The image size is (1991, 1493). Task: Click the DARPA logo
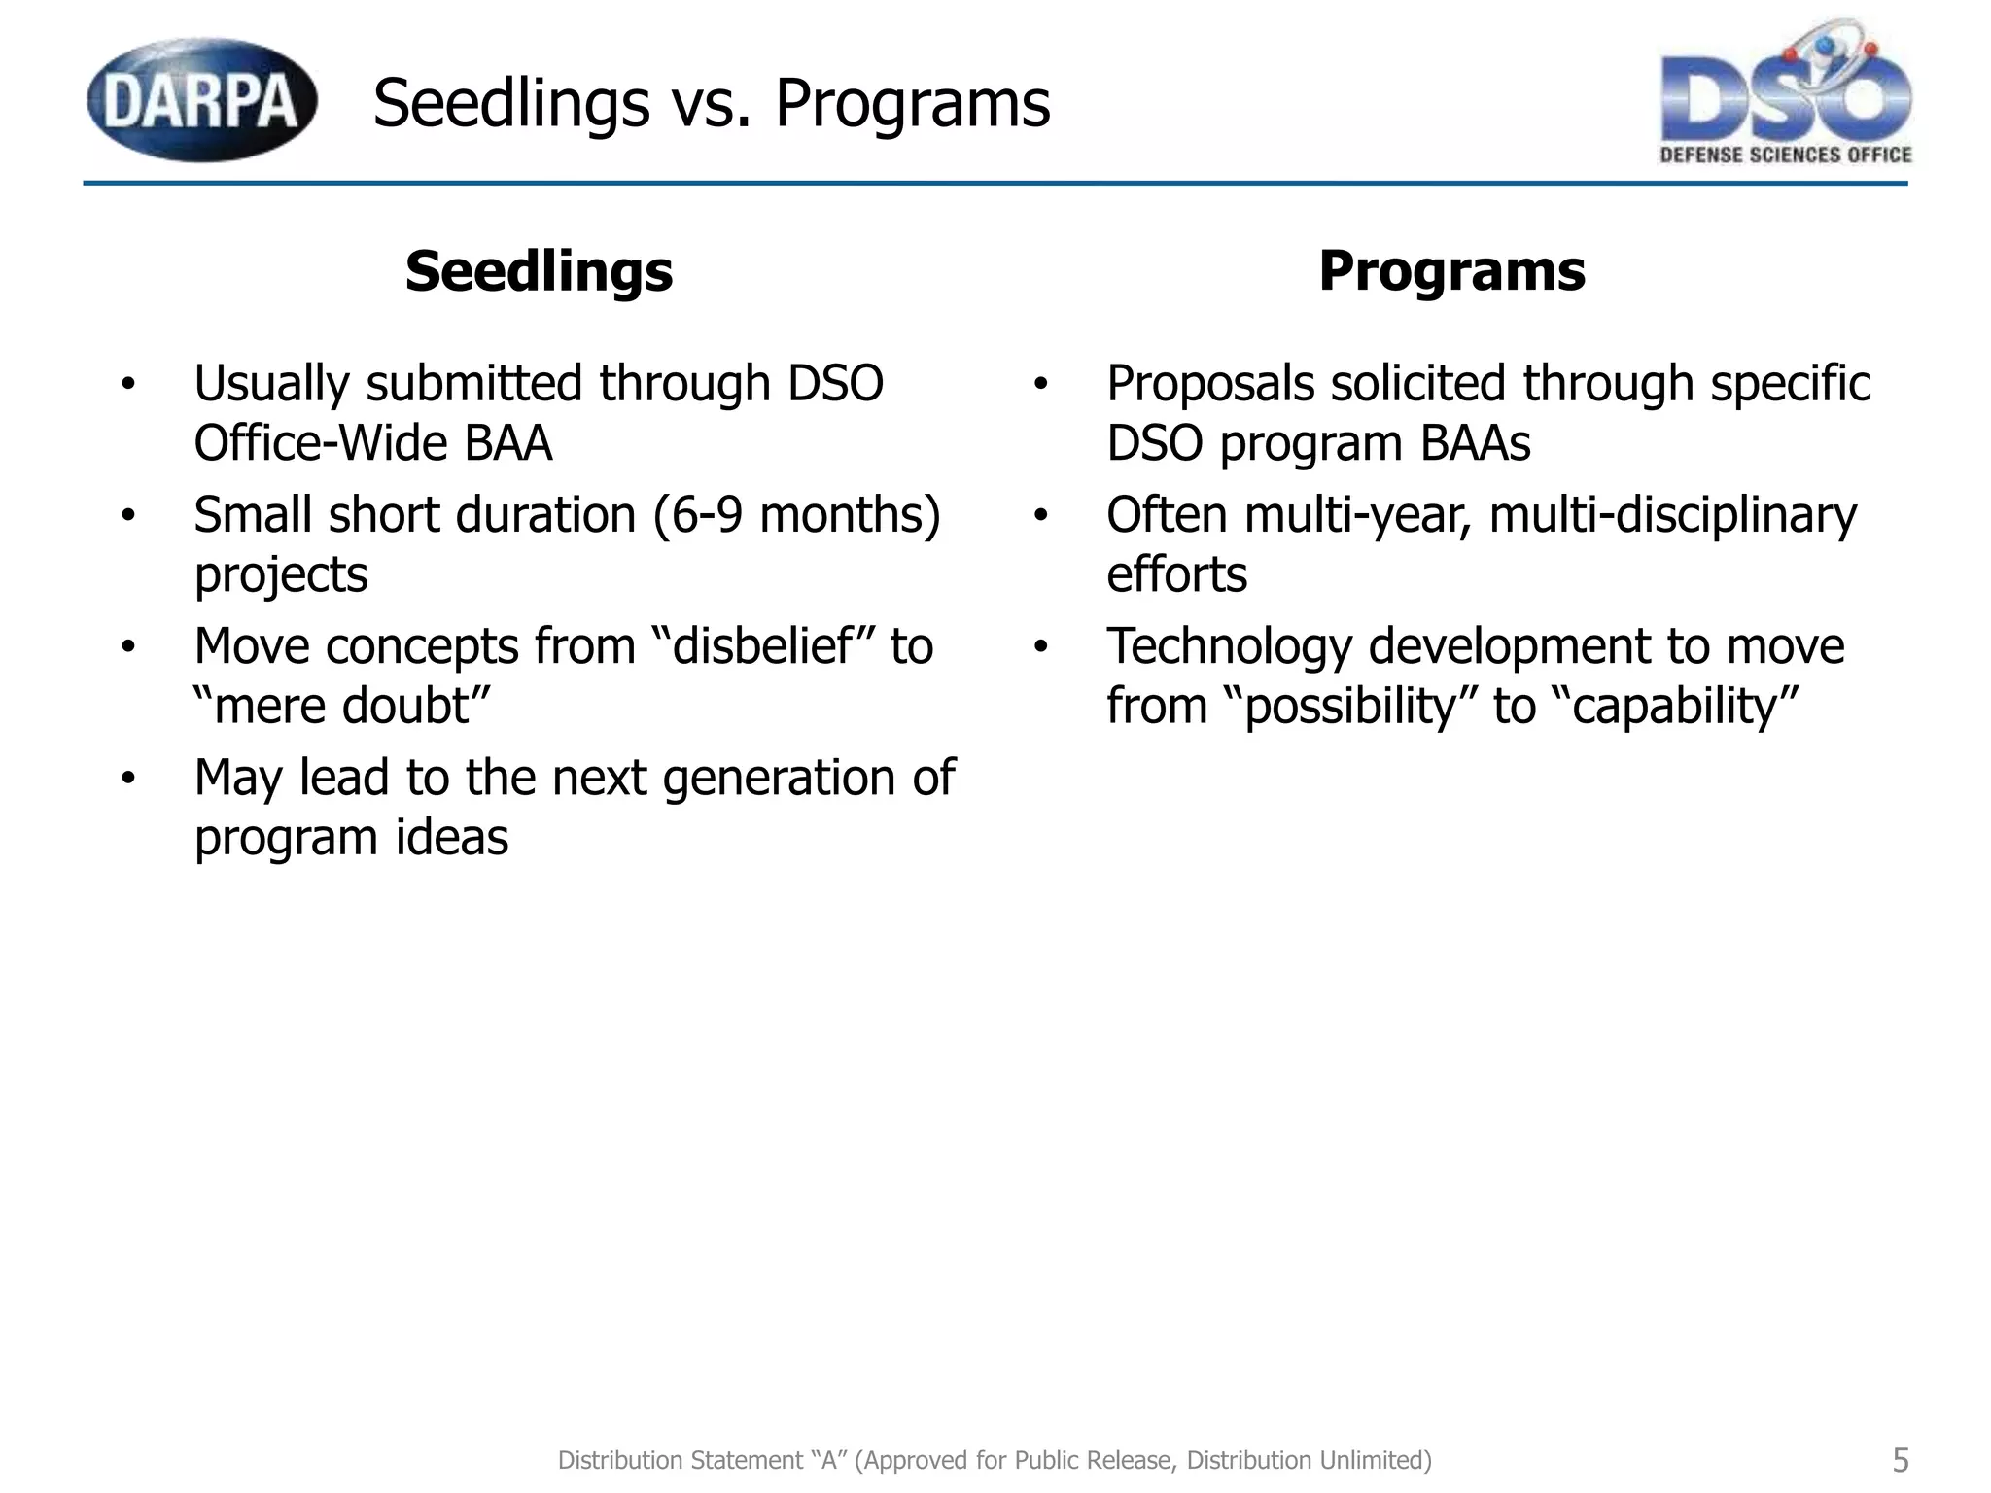[202, 100]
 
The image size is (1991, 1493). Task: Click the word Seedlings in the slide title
[510, 103]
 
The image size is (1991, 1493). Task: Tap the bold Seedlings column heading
[539, 270]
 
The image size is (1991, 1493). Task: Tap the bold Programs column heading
[1451, 270]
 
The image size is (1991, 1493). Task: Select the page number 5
[1900, 1460]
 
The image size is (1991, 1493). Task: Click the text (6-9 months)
[796, 514]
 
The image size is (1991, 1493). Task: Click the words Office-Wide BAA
[372, 443]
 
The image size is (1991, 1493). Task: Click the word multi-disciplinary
[1672, 514]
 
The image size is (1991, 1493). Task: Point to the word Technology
[1229, 645]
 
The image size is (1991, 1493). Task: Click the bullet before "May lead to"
[128, 778]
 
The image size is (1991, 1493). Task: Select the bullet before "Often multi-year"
[1040, 515]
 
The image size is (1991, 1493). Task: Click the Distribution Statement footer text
[995, 1460]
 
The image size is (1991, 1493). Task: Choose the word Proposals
[1210, 383]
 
